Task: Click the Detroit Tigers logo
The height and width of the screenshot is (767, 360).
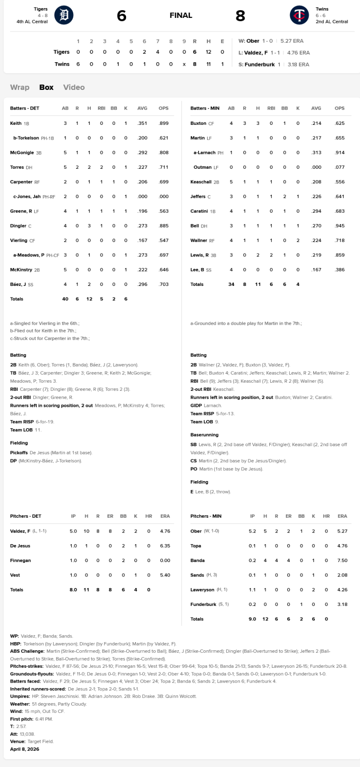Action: (64, 15)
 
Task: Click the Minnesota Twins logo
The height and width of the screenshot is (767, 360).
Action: (299, 15)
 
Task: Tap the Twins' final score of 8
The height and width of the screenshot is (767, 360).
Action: (240, 16)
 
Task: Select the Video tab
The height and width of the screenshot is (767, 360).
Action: (74, 87)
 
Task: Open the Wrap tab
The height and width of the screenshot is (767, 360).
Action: (20, 87)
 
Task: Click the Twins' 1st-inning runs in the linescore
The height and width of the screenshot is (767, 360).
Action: (78, 64)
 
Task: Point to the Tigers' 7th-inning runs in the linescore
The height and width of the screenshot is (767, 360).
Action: (158, 52)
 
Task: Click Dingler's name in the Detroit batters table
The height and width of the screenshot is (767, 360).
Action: (18, 226)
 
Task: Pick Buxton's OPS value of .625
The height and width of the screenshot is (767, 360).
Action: (340, 123)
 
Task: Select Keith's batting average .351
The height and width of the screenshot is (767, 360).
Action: (142, 123)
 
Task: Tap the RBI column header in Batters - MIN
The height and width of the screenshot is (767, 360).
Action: (271, 108)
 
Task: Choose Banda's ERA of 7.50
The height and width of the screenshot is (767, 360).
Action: (342, 560)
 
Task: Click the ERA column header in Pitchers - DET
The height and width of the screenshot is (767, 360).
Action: (165, 516)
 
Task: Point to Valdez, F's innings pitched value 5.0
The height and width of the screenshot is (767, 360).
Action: (73, 531)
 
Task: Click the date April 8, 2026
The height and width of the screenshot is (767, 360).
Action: (25, 749)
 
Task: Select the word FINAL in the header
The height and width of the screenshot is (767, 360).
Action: (181, 15)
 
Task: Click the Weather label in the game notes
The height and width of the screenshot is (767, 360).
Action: (20, 704)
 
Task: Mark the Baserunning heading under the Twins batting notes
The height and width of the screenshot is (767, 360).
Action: (204, 435)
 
